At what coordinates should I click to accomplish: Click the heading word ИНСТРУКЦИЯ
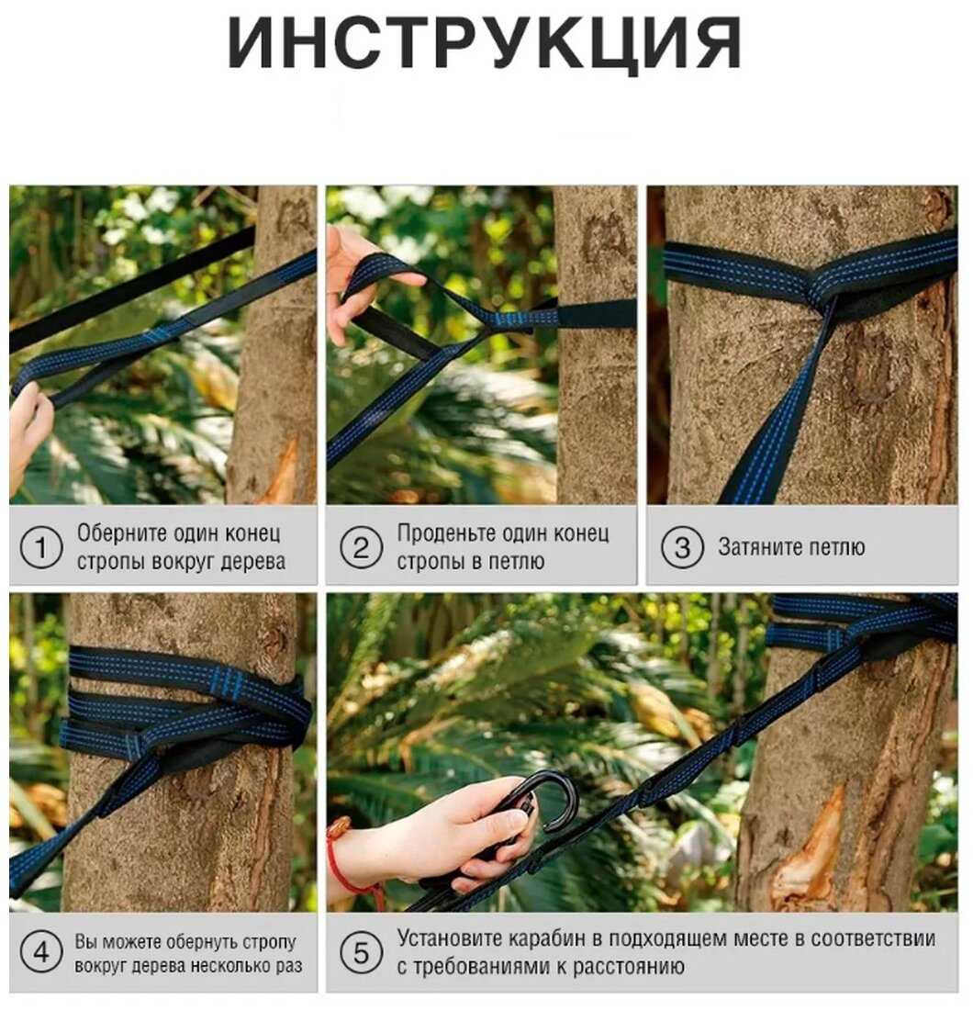(x=485, y=44)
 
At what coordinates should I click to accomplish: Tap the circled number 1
(x=41, y=547)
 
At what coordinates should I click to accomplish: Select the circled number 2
(x=361, y=547)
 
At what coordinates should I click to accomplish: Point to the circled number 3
(x=681, y=547)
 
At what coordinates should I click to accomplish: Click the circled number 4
(x=41, y=952)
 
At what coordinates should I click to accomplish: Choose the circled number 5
(x=361, y=953)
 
